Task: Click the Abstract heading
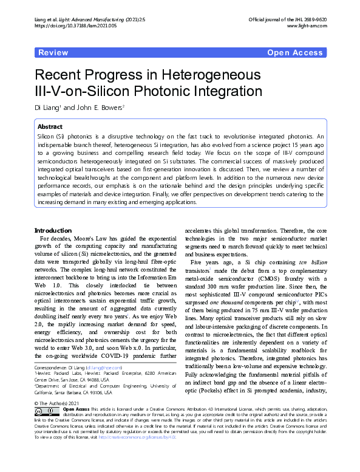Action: [x=50, y=127]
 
